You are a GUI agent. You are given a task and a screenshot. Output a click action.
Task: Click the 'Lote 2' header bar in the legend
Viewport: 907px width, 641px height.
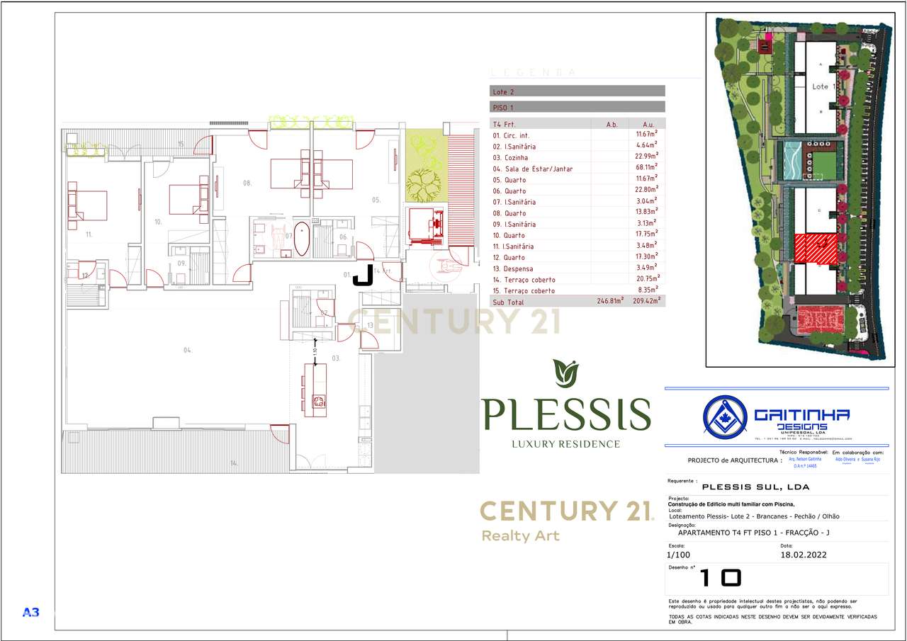pos(578,91)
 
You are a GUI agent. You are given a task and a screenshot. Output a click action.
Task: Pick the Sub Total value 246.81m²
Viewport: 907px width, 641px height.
pos(610,301)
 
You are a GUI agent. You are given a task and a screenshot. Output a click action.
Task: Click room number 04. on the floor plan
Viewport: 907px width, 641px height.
pos(188,350)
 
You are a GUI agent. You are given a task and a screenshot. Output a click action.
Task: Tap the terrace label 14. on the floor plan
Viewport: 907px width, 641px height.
pos(233,463)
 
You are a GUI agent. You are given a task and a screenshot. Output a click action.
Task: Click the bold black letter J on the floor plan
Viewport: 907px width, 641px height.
pos(363,275)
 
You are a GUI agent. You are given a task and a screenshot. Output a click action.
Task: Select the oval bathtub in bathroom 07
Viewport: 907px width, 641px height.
pos(302,239)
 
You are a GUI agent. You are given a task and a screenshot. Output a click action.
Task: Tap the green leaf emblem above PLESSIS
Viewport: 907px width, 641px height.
pos(565,374)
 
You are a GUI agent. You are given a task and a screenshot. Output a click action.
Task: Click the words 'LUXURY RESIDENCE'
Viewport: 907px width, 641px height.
pos(565,444)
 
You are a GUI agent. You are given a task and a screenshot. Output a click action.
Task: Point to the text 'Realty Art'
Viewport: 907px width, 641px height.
pos(520,535)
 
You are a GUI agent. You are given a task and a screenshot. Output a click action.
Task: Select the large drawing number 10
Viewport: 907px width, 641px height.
pos(720,578)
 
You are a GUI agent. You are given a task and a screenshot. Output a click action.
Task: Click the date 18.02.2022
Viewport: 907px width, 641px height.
pos(804,555)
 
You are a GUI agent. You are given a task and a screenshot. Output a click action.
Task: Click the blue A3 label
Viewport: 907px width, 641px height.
pos(30,612)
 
